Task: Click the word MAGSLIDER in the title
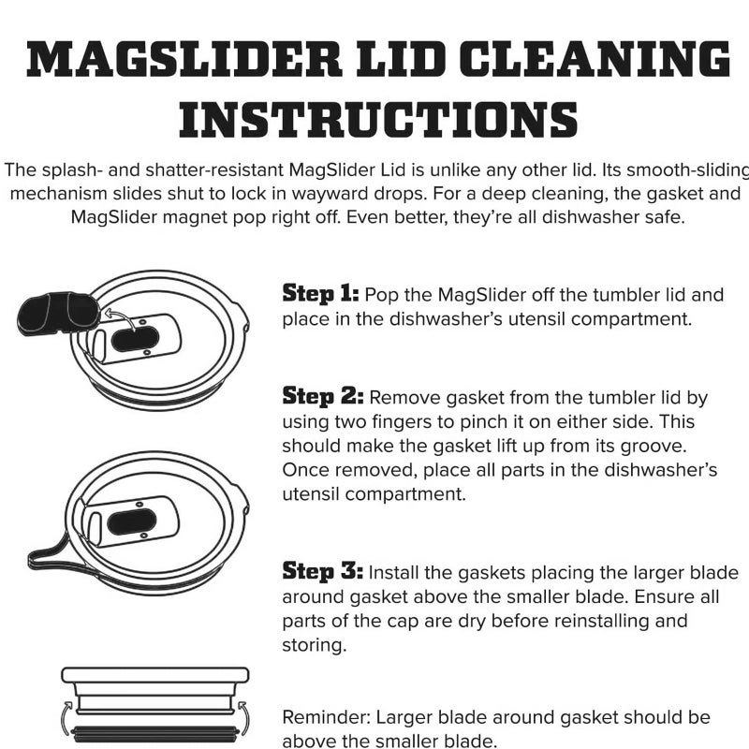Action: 184,59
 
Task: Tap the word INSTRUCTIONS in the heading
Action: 378,120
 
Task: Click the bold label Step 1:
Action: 320,293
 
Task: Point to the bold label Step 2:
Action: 322,396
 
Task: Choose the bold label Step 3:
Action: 322,571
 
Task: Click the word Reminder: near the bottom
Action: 325,717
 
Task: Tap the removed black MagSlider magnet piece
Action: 58,314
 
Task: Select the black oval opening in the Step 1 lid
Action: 135,339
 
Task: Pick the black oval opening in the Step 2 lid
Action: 132,521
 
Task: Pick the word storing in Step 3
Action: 314,646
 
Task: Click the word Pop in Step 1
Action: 381,295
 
